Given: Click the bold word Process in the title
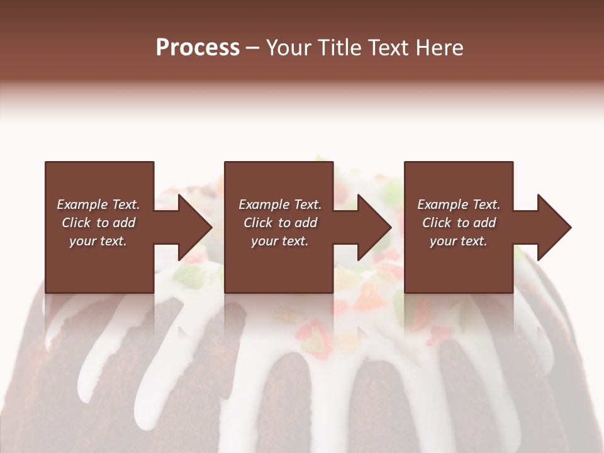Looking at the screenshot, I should coord(198,48).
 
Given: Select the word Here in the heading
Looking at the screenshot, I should coord(439,48).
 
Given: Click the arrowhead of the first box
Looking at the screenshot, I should coord(195,227).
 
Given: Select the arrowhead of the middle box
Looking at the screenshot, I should coord(375,227).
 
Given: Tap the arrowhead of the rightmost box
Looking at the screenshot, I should coord(554,227).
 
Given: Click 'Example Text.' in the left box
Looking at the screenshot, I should coord(98,204).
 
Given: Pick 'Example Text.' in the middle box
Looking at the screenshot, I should coord(280,204).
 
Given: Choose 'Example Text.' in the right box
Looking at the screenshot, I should coord(459,204).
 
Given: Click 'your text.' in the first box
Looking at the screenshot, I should coord(98,241).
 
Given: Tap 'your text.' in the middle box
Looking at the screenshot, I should coord(280,241).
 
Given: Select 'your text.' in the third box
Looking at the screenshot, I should coord(459,241).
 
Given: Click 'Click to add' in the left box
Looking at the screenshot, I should coord(99,223).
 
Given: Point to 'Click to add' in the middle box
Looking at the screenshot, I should coord(281,223).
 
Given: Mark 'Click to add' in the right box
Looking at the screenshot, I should coord(459,223).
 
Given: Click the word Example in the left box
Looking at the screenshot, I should coord(82,204).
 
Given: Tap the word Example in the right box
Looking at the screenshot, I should coord(442,204).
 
